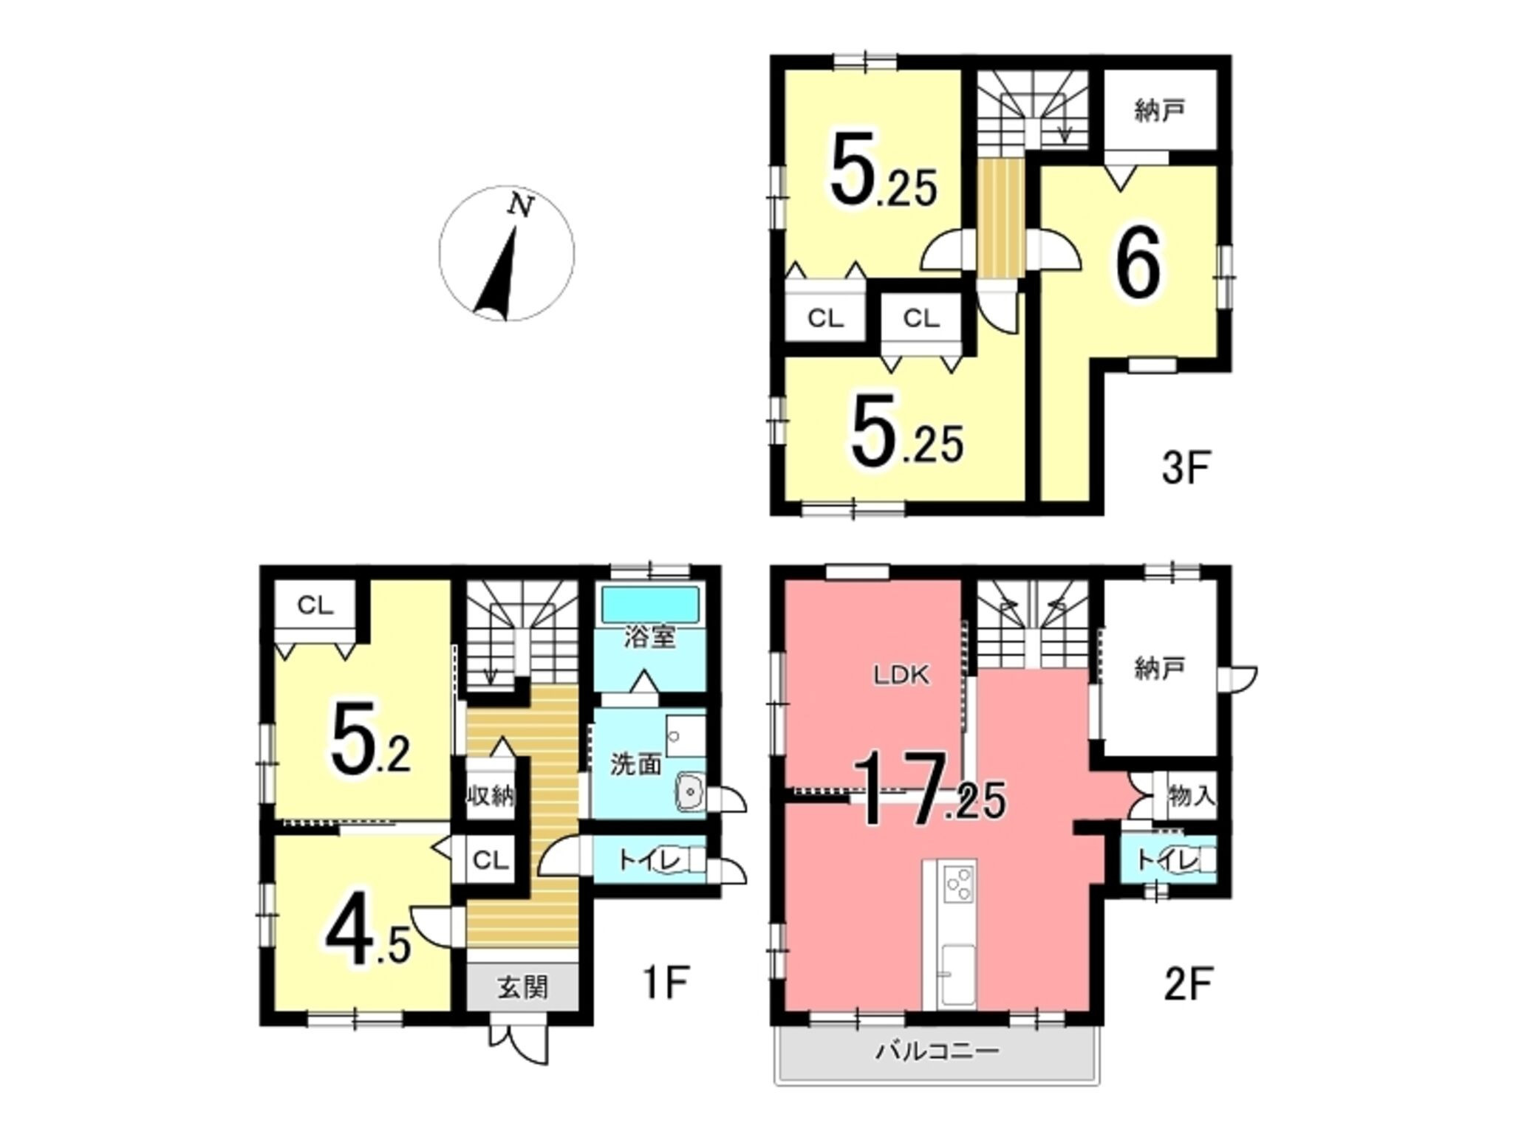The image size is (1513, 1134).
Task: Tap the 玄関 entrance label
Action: tap(522, 987)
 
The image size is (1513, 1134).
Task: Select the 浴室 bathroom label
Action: tap(650, 637)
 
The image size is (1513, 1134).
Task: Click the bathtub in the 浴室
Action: tap(650, 605)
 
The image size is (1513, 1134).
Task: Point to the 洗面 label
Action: tap(635, 764)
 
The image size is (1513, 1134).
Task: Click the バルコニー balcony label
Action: tap(937, 1050)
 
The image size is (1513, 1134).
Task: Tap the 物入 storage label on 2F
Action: tap(1191, 796)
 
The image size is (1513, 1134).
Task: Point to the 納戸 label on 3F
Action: tap(1159, 111)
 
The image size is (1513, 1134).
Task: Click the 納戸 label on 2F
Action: tap(1159, 669)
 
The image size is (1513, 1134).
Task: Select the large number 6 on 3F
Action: tap(1138, 267)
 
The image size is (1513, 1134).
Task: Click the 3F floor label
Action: tap(1185, 468)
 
